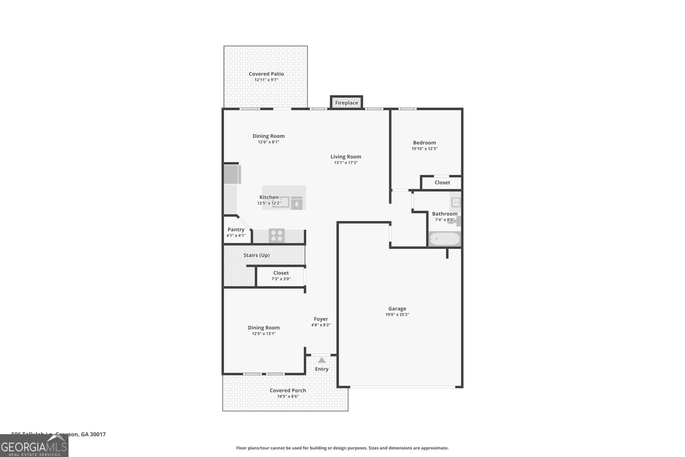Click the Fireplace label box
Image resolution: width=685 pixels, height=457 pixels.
[x=346, y=103]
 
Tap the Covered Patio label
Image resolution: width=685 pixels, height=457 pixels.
[x=266, y=74]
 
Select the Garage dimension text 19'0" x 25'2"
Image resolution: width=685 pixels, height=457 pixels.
[x=397, y=315]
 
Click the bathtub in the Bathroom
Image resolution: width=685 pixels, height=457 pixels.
[x=444, y=239]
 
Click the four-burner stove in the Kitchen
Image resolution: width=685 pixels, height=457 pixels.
[x=277, y=236]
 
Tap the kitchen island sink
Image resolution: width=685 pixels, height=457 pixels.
[x=281, y=202]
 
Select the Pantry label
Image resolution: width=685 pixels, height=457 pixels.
[x=236, y=230]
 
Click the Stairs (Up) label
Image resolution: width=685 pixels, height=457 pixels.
[x=256, y=255]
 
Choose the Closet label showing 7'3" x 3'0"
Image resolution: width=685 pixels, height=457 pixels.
[x=281, y=273]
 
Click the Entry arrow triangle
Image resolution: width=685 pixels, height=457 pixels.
[x=322, y=360]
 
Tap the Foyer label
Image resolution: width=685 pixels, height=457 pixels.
[x=321, y=319]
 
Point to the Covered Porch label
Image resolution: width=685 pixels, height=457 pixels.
[x=288, y=390]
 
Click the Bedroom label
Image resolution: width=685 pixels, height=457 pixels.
[x=424, y=143]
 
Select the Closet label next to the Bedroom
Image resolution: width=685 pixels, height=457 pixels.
[x=442, y=182]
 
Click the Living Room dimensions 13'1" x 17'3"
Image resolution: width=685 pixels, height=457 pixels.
[x=345, y=163]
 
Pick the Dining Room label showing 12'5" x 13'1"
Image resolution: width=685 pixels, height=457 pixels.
[x=264, y=328]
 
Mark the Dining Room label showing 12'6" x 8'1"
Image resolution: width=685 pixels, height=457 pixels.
[x=268, y=136]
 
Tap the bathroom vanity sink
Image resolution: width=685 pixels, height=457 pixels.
[x=456, y=202]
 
